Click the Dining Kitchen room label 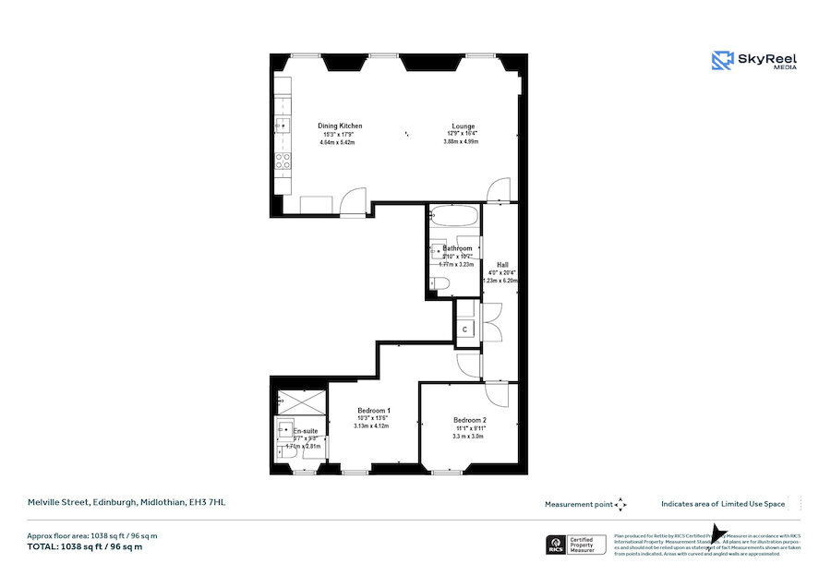(x=340, y=126)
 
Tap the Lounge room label (x=464, y=126)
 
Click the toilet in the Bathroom (x=440, y=283)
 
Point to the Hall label (x=502, y=264)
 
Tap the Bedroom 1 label (x=374, y=410)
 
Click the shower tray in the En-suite (x=302, y=403)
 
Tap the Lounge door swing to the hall (x=497, y=188)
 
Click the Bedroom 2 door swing (x=496, y=394)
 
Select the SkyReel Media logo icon (x=721, y=61)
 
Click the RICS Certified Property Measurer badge (x=578, y=545)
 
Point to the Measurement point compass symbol (x=621, y=504)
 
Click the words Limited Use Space (x=753, y=504)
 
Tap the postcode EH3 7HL (x=206, y=502)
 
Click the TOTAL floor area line (x=85, y=546)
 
